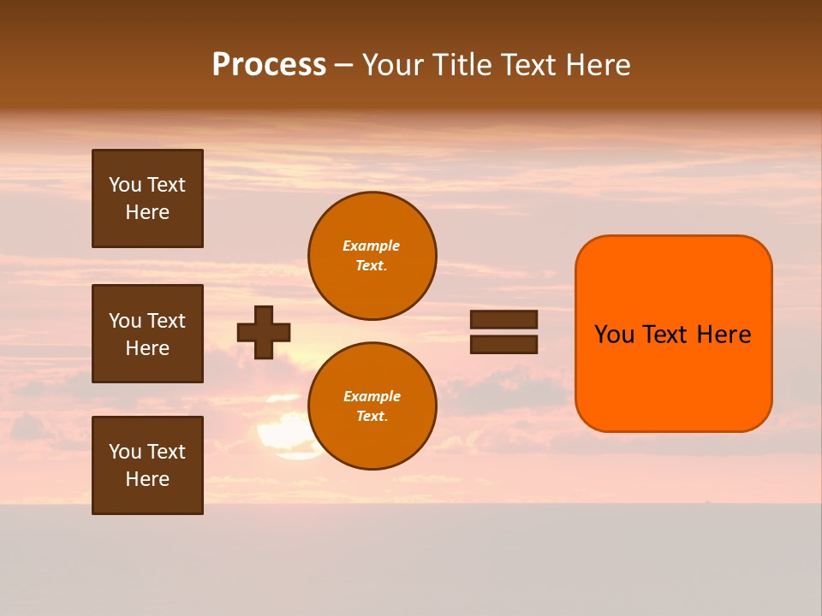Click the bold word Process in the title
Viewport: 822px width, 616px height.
(x=269, y=65)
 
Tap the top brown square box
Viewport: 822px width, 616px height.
(x=147, y=198)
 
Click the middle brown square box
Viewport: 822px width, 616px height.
(x=147, y=334)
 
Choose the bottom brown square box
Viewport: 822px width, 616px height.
(x=147, y=465)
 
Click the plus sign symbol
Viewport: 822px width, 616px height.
(x=264, y=332)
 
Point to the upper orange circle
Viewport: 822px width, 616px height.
(x=372, y=255)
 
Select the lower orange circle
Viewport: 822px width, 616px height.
(x=372, y=406)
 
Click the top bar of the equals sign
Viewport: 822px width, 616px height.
(x=503, y=319)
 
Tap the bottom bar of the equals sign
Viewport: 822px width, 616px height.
(x=503, y=344)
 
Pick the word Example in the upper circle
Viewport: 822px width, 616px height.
(x=371, y=246)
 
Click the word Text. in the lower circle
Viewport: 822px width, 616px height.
(x=372, y=416)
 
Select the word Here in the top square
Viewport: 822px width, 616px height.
(x=147, y=212)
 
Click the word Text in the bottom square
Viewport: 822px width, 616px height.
(x=166, y=452)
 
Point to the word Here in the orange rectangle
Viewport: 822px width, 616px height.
(x=724, y=335)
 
